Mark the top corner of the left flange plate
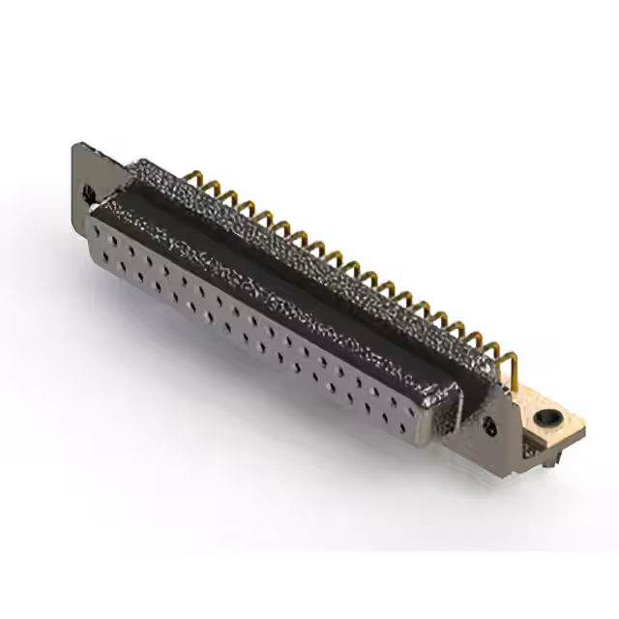pyautogui.click(x=77, y=145)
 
